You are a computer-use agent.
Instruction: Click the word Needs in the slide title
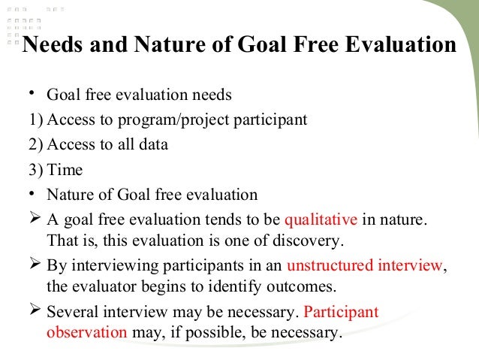pos(53,46)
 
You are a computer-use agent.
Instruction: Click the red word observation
pos(87,331)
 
